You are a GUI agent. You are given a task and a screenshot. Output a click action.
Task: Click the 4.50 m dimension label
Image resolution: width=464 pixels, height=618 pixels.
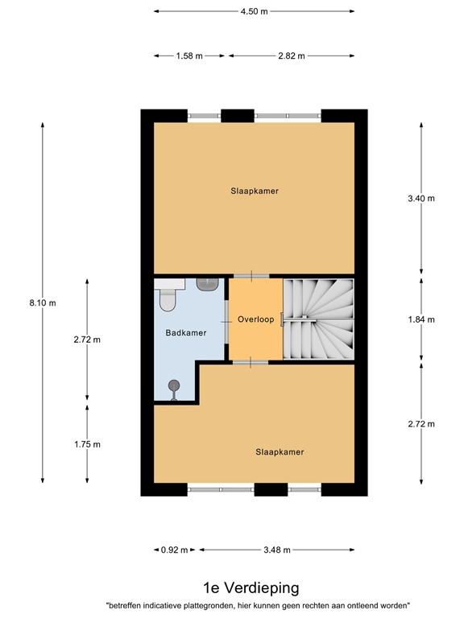[254, 11]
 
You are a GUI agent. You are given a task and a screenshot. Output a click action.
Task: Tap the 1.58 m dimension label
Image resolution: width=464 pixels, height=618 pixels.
[189, 56]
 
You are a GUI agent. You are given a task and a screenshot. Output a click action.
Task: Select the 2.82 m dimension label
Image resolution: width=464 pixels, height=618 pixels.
[292, 56]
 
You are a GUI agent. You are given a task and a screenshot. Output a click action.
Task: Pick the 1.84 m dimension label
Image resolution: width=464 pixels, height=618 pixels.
[421, 319]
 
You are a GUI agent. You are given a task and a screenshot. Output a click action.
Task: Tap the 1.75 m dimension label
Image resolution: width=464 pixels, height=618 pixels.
[87, 444]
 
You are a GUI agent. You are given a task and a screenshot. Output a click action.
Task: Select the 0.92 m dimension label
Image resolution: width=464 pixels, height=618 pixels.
[174, 550]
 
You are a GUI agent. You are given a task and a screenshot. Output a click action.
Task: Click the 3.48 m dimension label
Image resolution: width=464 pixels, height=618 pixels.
[276, 550]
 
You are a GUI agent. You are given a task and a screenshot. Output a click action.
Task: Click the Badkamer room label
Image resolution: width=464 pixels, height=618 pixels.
[186, 332]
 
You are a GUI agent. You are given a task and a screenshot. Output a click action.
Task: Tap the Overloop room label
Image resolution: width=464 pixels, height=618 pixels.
[256, 319]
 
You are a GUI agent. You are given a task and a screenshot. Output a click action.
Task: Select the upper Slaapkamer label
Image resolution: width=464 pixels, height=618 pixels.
[254, 191]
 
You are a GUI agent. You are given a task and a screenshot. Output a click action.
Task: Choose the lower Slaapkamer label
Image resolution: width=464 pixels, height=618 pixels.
[280, 452]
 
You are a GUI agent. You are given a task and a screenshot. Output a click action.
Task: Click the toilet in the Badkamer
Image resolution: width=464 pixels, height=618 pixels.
[168, 299]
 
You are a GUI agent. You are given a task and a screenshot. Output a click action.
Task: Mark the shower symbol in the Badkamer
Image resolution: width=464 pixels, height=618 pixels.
[173, 387]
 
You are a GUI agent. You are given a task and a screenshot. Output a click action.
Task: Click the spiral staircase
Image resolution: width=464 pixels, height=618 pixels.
[318, 319]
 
